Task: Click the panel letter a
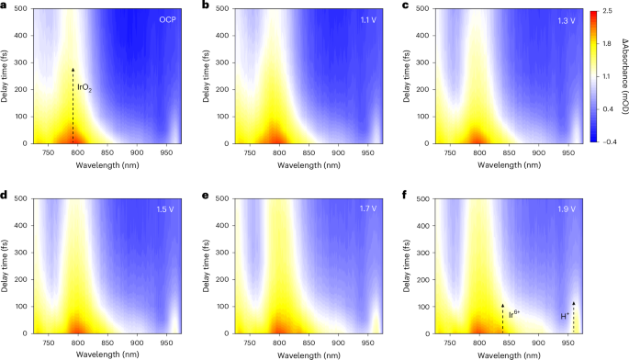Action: tap(6, 6)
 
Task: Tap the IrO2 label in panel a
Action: tap(84, 88)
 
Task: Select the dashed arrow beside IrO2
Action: tap(73, 106)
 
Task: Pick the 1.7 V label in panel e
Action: tap(369, 210)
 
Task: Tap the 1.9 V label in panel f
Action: tap(568, 210)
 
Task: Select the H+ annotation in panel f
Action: tap(565, 317)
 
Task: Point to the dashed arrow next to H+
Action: tap(574, 316)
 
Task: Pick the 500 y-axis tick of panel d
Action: tap(18, 199)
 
